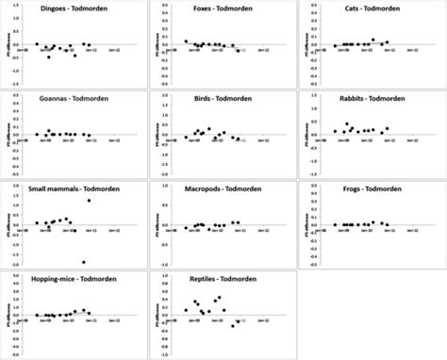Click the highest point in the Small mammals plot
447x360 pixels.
tap(89, 200)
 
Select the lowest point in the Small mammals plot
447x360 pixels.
tap(83, 262)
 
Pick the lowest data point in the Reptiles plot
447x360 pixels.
tap(233, 325)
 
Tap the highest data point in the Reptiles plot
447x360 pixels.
tap(220, 297)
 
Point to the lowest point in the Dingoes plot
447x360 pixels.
tap(48, 57)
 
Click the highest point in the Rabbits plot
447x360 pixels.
tap(346, 123)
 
